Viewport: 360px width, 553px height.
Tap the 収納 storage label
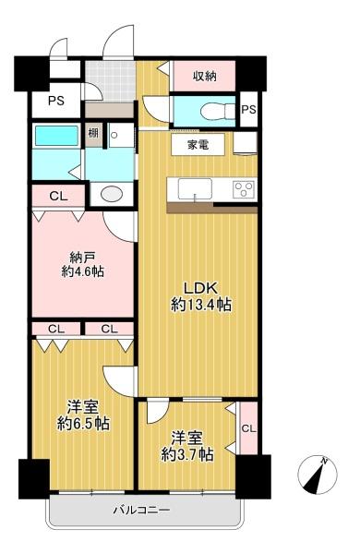coord(205,76)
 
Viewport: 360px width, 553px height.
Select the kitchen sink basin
coord(195,189)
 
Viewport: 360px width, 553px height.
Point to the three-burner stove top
coord(244,189)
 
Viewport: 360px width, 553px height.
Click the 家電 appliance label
coord(198,145)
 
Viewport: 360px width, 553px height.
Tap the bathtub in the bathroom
coord(56,136)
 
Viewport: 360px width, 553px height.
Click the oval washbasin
coord(112,193)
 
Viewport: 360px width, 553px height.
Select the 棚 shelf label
coord(93,133)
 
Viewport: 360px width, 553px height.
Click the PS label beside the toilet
coord(248,110)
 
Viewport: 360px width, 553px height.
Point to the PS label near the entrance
coord(56,101)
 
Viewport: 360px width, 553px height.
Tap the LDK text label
coord(201,288)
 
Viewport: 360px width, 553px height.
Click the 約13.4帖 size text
coord(201,305)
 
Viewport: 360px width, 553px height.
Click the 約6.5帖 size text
coord(83,424)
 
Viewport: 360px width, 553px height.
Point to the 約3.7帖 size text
coord(187,454)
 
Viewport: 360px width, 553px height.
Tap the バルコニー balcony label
coord(142,510)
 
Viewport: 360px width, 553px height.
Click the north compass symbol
coord(318,475)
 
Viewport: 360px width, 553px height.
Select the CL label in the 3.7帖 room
coord(248,428)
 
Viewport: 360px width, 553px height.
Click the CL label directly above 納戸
coord(58,196)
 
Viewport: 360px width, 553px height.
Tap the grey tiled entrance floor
coord(111,80)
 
